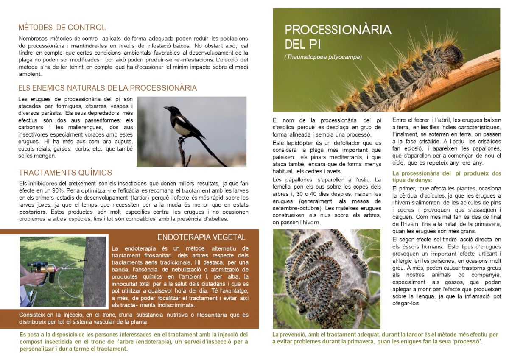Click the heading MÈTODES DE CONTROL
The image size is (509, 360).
[x=62, y=28]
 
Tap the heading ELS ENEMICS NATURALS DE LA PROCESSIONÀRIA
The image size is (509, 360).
[x=107, y=88]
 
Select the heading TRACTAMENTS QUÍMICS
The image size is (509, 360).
[x=65, y=173]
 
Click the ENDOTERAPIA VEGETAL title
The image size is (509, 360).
[x=201, y=237]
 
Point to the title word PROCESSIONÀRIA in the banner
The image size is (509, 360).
[x=338, y=30]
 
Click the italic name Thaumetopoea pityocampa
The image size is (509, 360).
[x=323, y=56]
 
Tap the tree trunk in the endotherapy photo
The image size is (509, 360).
[x=94, y=271]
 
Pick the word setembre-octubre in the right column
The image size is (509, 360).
[x=297, y=208]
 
